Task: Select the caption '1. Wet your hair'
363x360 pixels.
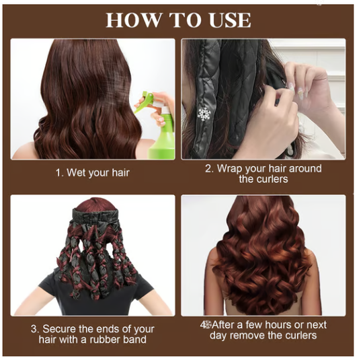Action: [92, 173]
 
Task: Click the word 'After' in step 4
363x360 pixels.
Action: [227, 324]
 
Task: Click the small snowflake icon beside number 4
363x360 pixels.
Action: [208, 324]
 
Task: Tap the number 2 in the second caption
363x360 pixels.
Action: [209, 168]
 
